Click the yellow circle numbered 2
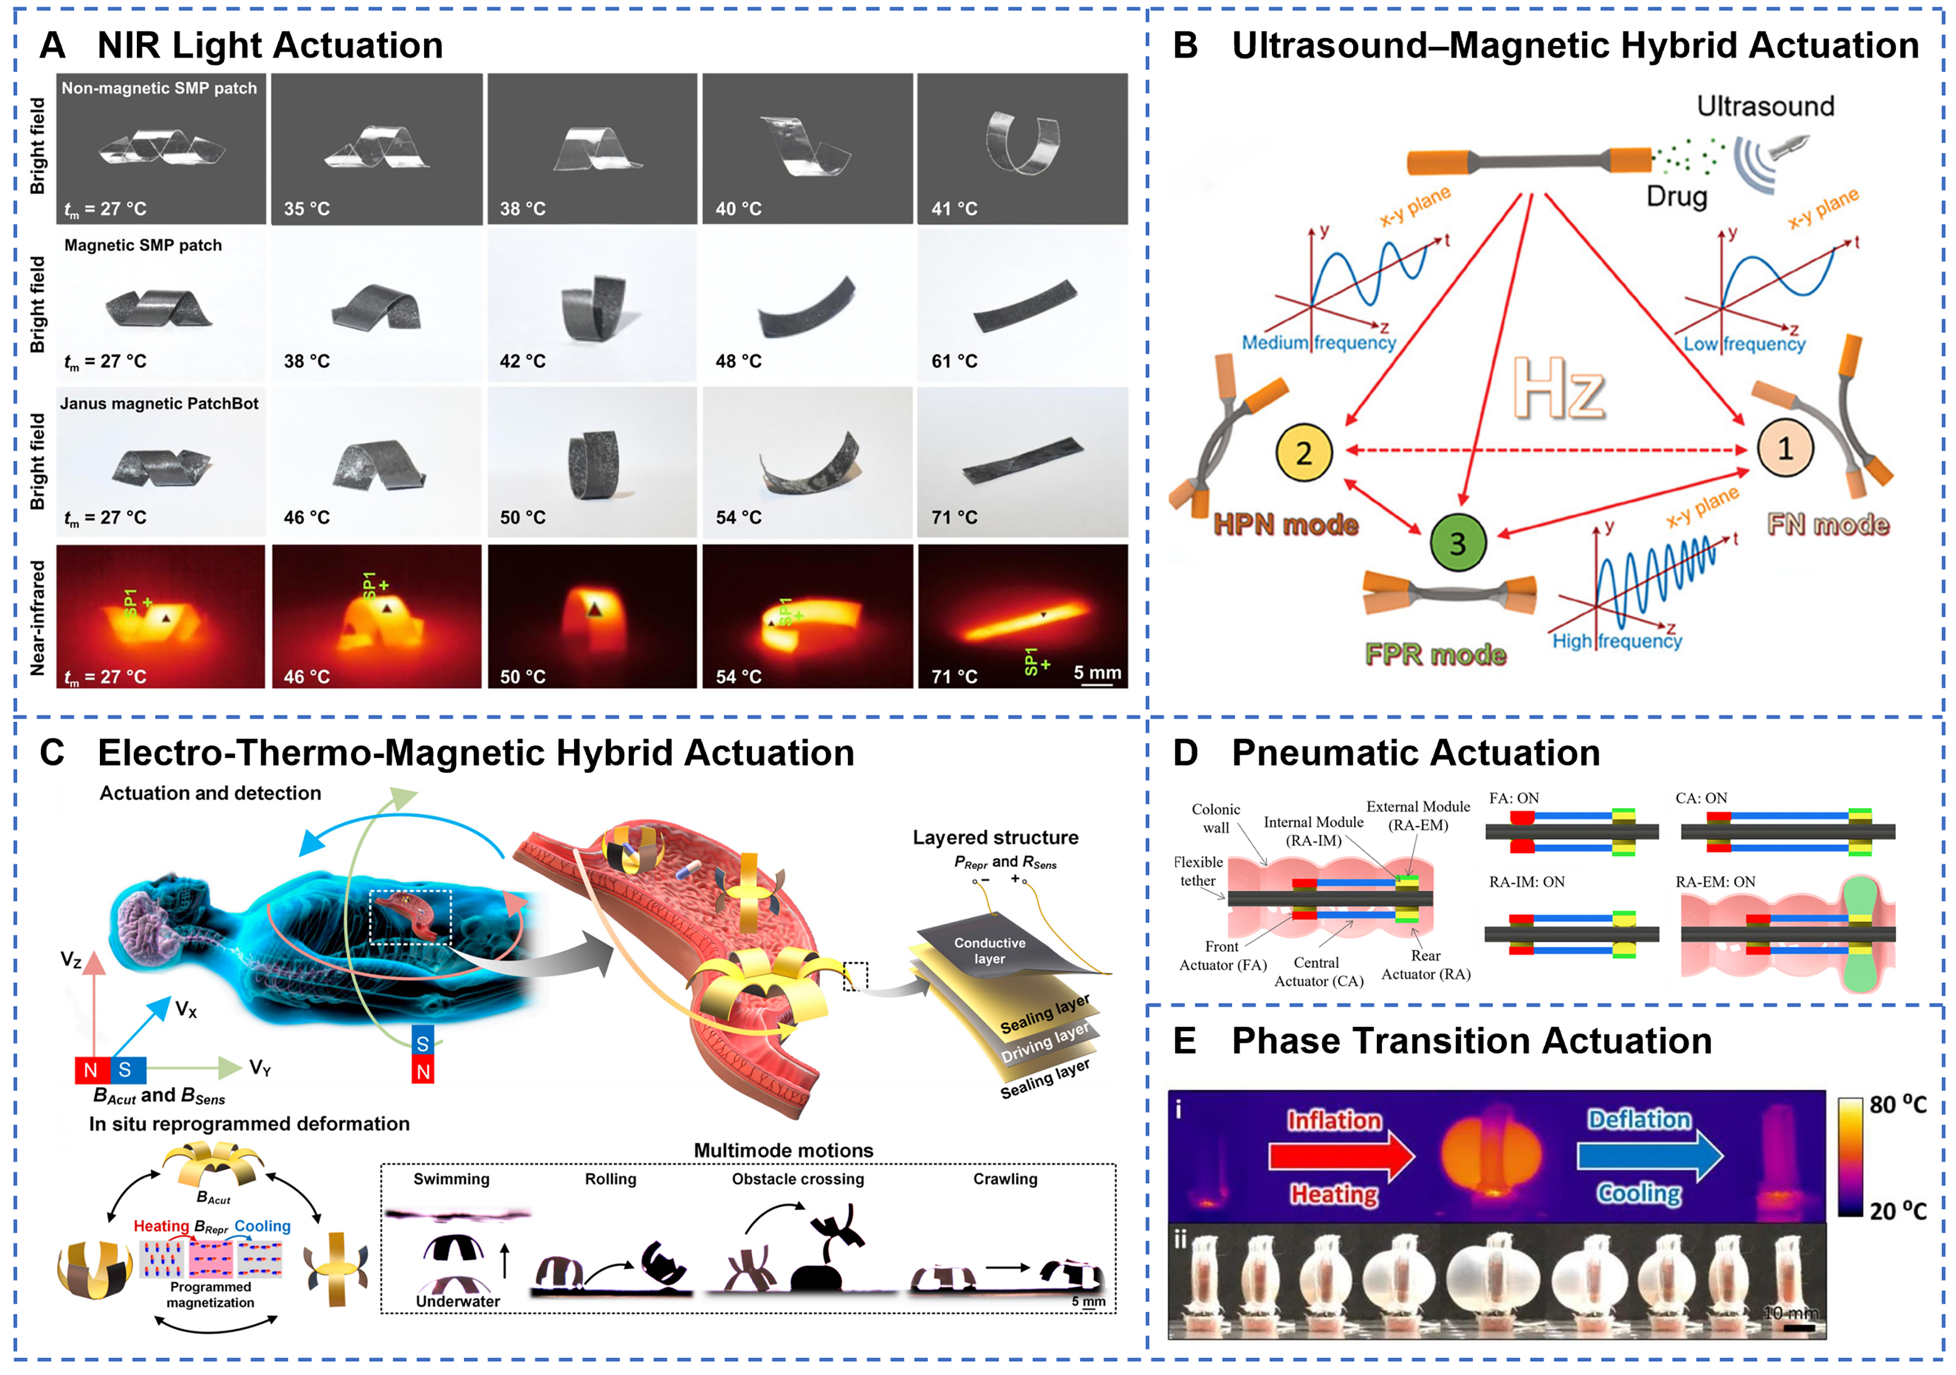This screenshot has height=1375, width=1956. (x=1303, y=453)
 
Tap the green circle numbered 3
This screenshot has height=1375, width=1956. (x=1457, y=543)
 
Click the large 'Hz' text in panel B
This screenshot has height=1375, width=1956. (x=1559, y=389)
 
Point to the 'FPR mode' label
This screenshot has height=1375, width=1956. (x=1435, y=654)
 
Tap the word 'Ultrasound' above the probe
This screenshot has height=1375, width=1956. (x=1765, y=107)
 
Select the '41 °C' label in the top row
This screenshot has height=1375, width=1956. (x=954, y=209)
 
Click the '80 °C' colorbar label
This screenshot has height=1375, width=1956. (x=1898, y=1105)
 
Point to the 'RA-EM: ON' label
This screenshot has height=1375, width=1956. (x=1715, y=882)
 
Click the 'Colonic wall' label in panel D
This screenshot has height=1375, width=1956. (x=1216, y=818)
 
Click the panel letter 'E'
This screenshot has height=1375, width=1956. (x=1184, y=1041)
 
